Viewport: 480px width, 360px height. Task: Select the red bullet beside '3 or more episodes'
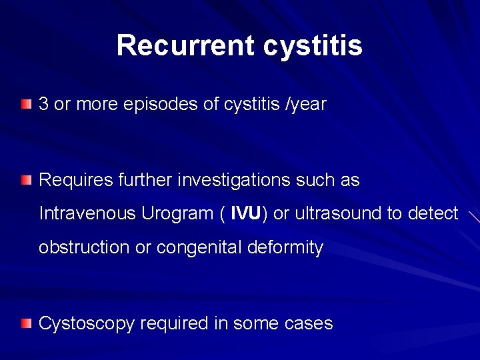click(25, 104)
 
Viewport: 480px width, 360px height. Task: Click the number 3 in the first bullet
click(44, 104)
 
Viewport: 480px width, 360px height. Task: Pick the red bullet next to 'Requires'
click(25, 180)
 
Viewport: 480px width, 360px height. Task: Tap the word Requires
click(70, 180)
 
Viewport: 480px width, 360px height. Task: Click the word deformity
click(285, 248)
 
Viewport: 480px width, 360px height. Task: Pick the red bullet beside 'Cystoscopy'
click(25, 324)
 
